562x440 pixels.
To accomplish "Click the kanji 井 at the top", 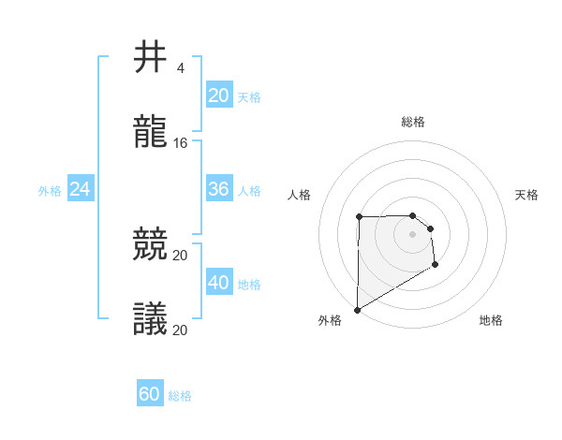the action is (x=150, y=57).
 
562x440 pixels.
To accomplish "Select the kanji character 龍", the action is (x=150, y=133).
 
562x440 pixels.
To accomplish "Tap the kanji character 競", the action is (x=150, y=245).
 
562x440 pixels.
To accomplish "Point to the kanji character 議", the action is (x=150, y=319).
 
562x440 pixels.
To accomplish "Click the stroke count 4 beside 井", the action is (x=180, y=68).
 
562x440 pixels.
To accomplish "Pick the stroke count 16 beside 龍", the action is (x=182, y=143).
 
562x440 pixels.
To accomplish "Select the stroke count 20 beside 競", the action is (x=181, y=256).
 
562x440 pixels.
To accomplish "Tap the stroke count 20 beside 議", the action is (x=181, y=330).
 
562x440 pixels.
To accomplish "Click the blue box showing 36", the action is (x=218, y=189).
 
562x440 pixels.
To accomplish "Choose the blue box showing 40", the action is (x=218, y=283).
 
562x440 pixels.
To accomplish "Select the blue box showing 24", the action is (x=80, y=189).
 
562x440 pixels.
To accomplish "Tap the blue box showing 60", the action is (x=150, y=394).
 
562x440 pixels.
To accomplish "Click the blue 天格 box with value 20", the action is (x=218, y=95).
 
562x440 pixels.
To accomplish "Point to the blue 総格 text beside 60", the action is (x=180, y=396).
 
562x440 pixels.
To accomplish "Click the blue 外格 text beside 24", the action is (x=50, y=191).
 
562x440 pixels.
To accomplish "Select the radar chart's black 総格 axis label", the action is (x=413, y=122).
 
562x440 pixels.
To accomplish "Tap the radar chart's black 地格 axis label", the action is (x=491, y=321).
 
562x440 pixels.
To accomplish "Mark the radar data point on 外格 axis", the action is (x=357, y=309).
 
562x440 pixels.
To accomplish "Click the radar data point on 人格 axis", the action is (x=359, y=216).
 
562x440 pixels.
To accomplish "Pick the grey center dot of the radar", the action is (x=412, y=233).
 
